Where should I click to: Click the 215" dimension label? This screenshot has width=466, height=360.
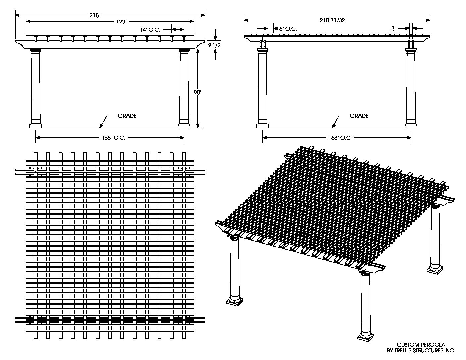point(94,16)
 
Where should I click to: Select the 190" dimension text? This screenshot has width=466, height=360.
point(121,22)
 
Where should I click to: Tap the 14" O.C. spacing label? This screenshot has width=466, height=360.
point(150,30)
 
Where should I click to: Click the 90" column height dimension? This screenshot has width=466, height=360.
point(198,93)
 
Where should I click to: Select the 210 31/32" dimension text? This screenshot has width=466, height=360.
point(333,21)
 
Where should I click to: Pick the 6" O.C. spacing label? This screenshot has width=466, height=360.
point(288,29)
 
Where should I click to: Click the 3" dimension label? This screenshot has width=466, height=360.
point(394,29)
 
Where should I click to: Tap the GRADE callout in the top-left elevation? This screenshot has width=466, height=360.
point(127,116)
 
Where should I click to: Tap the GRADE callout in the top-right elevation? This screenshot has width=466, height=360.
point(359,116)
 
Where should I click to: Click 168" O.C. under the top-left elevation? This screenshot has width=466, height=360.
point(114,138)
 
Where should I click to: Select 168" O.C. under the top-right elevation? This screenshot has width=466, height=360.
point(340,138)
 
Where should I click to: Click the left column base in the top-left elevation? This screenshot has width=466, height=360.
point(36,125)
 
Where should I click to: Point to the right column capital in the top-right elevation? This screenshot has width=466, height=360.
point(411,51)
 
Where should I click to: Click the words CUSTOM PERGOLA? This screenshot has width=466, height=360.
point(421,345)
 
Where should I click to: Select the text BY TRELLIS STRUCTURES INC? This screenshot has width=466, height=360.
point(421,350)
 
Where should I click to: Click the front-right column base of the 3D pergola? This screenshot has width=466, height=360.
point(366,337)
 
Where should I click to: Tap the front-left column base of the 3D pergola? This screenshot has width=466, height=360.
point(234,300)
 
